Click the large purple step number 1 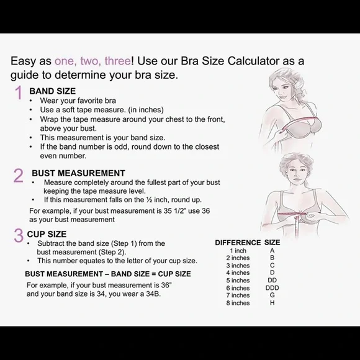(x=18, y=93)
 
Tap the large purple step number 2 (x=19, y=175)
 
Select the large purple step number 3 (x=19, y=235)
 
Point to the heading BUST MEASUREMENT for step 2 (x=78, y=173)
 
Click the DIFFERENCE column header (x=238, y=243)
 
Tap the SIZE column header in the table (x=272, y=243)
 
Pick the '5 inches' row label (x=238, y=281)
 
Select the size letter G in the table (x=272, y=295)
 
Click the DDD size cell (x=272, y=288)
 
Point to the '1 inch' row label (x=238, y=251)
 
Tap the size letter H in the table (x=272, y=303)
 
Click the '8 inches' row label (x=238, y=303)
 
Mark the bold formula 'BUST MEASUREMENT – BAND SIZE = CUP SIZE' (x=108, y=274)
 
